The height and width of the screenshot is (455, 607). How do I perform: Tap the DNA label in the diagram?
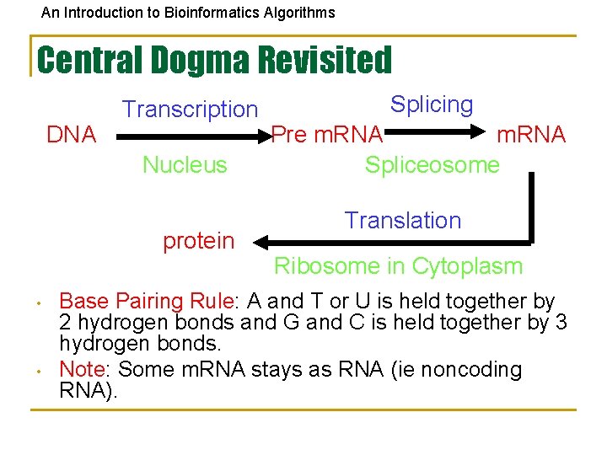[x=71, y=135]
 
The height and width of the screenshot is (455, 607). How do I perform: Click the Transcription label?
[x=191, y=110]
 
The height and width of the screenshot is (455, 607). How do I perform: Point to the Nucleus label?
[x=185, y=164]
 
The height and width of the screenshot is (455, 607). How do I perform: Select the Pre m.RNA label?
[x=327, y=135]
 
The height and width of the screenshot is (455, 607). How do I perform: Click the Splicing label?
[x=432, y=104]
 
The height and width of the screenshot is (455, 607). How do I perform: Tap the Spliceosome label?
[x=432, y=164]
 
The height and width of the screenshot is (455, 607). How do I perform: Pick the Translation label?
[x=402, y=221]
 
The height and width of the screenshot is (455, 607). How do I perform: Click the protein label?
[x=198, y=241]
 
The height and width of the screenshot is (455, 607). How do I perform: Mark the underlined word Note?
[x=82, y=369]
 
